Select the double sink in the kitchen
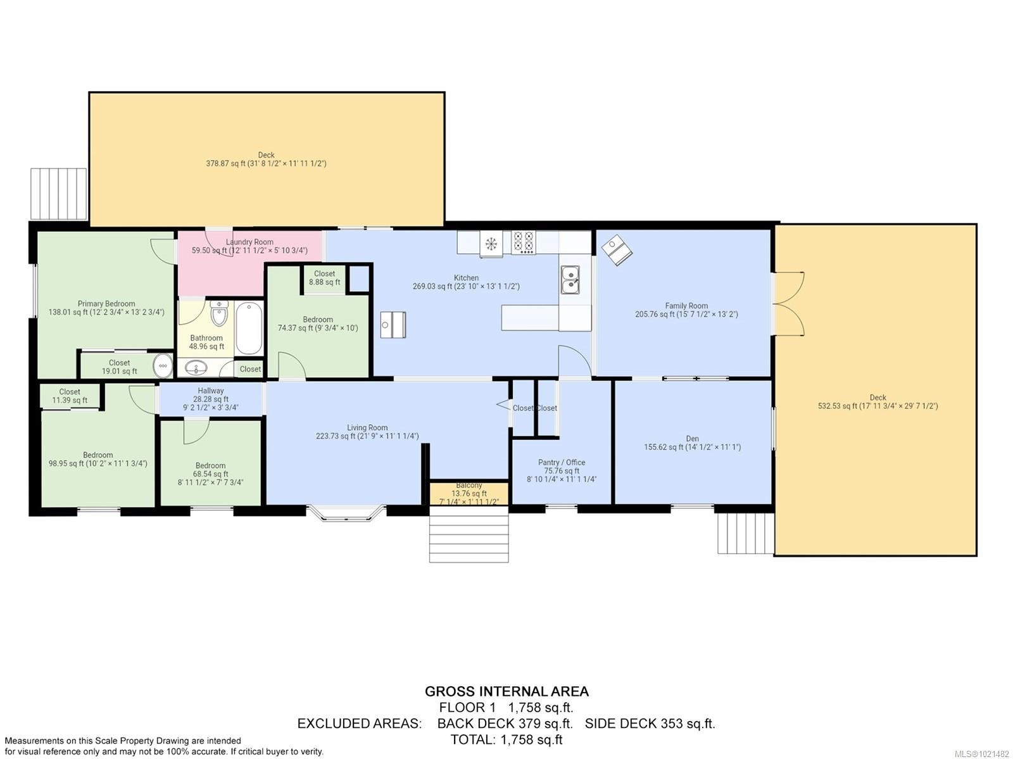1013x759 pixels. (570, 280)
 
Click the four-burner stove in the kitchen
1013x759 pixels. (523, 242)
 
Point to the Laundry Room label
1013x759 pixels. (249, 242)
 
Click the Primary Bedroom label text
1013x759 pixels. (106, 304)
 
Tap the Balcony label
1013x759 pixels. (469, 486)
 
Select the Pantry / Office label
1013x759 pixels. (562, 463)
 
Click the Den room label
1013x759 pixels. (692, 439)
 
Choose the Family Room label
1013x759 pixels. (686, 306)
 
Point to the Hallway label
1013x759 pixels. (210, 391)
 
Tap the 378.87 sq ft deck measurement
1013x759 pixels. (266, 163)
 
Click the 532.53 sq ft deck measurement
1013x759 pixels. (878, 406)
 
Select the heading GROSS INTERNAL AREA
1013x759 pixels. (507, 691)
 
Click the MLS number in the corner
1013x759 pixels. (982, 753)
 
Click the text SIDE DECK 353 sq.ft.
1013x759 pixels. (650, 724)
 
